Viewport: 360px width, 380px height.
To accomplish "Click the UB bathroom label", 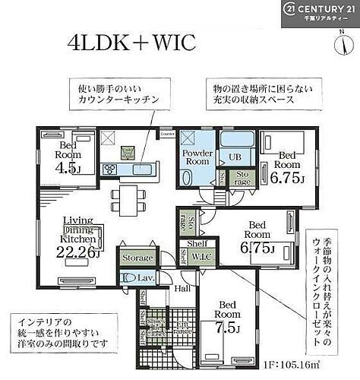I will (235, 158).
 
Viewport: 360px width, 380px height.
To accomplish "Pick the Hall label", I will (182, 288).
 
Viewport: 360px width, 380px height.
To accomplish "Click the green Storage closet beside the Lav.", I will (137, 258).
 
